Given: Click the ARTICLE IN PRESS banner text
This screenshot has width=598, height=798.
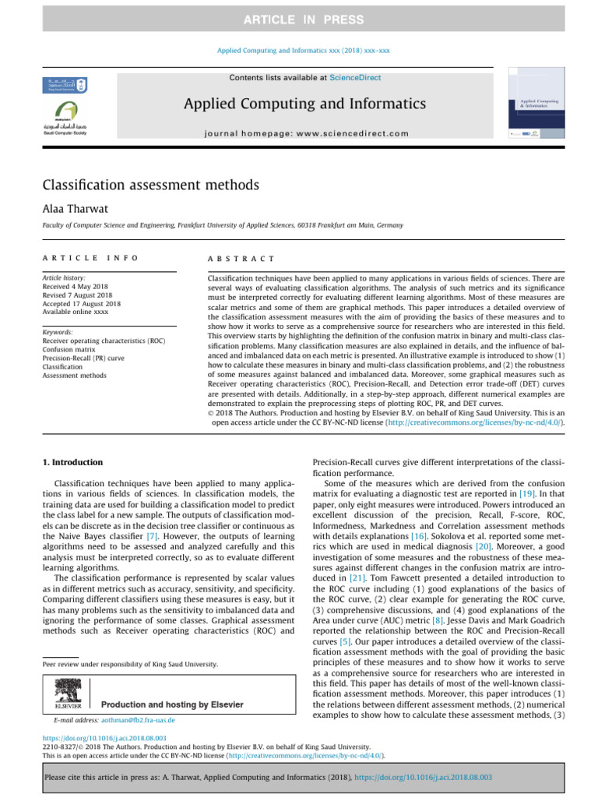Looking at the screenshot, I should pos(299,19).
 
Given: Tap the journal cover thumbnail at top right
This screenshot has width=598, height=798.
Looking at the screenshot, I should pos(536,104).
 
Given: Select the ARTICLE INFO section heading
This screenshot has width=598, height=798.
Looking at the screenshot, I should pos(90,258).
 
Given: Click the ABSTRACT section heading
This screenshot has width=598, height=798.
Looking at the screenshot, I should pos(241,258).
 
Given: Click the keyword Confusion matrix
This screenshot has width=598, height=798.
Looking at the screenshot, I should pos(69,350).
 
